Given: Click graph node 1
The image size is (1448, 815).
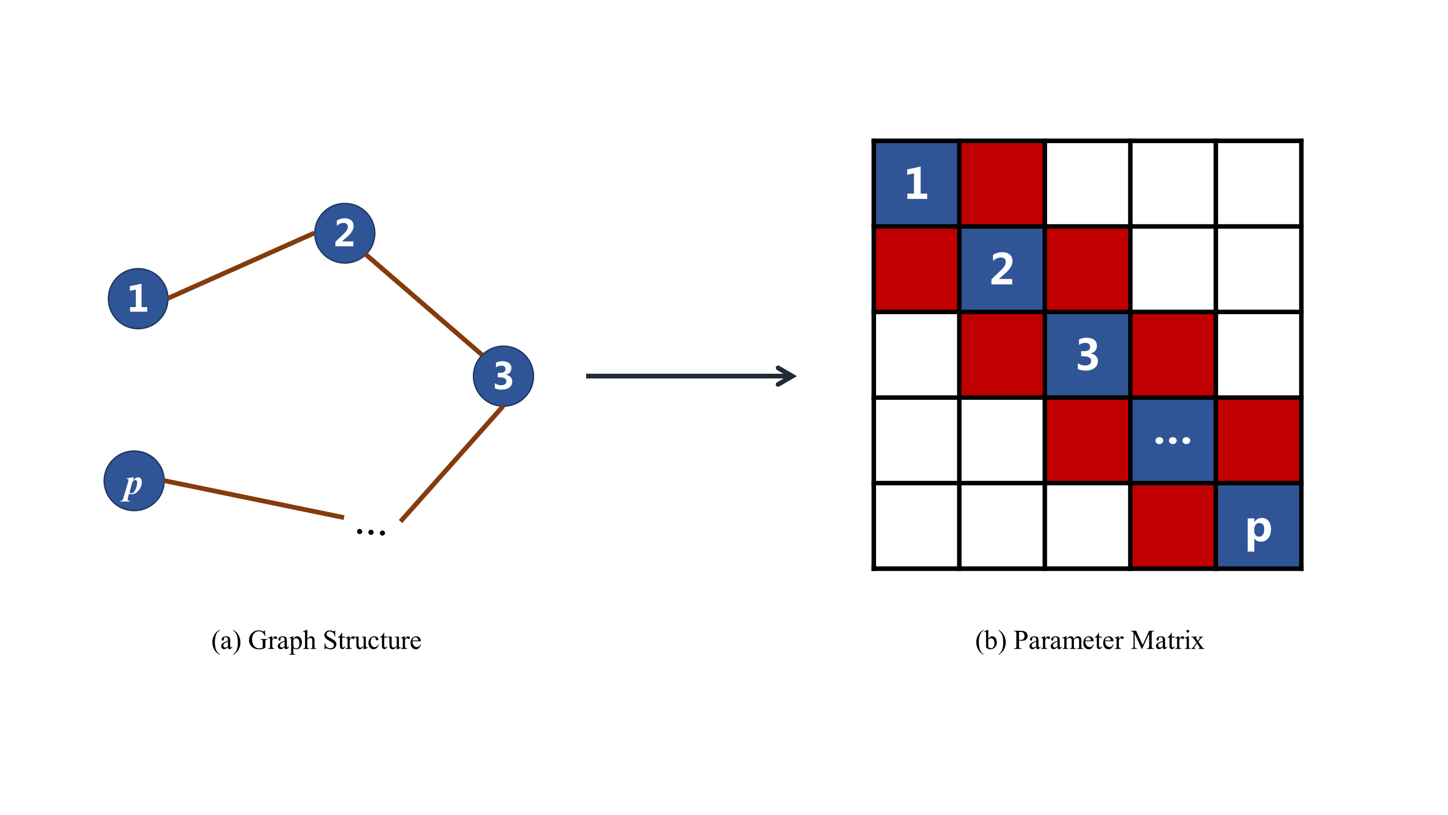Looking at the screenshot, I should [x=138, y=299].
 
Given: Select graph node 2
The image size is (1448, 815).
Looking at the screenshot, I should [x=345, y=233].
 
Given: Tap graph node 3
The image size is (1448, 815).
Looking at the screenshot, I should [x=503, y=376].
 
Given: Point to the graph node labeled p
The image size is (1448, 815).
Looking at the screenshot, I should [x=134, y=481].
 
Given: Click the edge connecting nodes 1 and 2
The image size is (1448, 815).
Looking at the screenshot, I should [x=240, y=266].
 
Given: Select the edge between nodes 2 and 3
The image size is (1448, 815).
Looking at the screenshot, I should [x=423, y=304].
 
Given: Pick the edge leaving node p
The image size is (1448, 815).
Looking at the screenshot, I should [x=253, y=499].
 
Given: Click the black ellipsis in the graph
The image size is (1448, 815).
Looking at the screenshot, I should [x=371, y=532].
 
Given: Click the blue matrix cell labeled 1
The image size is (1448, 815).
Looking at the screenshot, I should [x=916, y=183].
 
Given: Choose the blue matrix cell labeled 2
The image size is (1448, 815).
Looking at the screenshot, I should [x=1002, y=269].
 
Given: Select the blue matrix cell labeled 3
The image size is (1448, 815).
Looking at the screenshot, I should [x=1087, y=354].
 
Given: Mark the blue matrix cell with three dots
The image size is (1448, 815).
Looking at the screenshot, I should [x=1173, y=440].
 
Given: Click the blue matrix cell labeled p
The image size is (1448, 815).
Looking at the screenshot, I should [x=1258, y=526].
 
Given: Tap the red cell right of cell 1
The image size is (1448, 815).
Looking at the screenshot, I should [x=1002, y=183].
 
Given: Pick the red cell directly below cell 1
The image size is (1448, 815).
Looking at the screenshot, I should [x=916, y=269].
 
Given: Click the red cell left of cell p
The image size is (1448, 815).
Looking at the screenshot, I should [x=1173, y=526].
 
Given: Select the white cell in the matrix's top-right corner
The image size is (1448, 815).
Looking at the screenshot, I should [x=1258, y=183].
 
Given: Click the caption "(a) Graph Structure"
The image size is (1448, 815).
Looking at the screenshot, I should [x=316, y=641].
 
